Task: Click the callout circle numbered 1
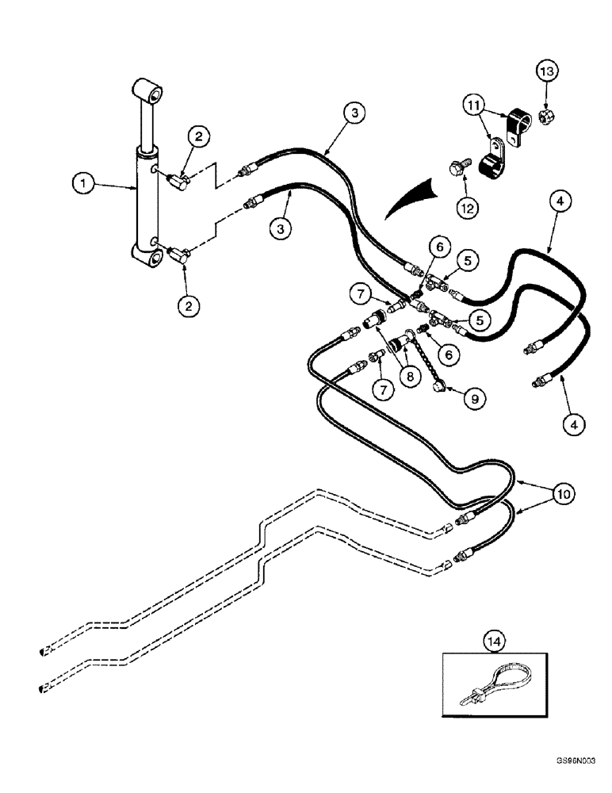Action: (81, 184)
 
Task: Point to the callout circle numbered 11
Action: (472, 104)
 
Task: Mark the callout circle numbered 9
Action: (474, 399)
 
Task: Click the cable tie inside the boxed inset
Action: (492, 682)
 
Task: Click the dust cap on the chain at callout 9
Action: (438, 387)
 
